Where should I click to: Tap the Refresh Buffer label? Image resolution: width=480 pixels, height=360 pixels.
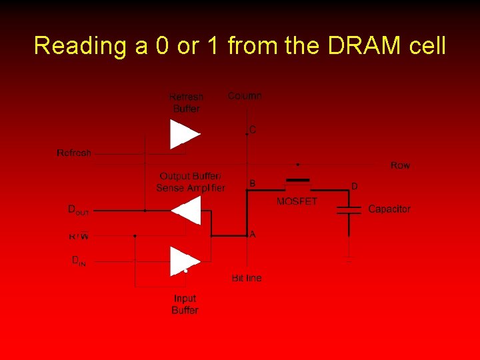[x=186, y=103]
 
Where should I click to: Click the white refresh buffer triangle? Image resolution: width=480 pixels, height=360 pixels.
[x=183, y=134]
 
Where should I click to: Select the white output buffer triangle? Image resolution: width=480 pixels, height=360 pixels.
[x=187, y=211]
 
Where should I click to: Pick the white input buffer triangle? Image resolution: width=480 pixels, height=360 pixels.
[x=183, y=261]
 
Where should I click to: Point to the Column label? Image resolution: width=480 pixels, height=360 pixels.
[x=245, y=96]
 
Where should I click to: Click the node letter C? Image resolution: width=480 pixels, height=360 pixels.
[x=253, y=129]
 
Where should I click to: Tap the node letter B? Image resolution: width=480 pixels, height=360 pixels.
[x=252, y=182]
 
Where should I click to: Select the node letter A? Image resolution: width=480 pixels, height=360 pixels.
[x=253, y=235]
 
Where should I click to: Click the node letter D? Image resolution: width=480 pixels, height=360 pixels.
[x=354, y=186]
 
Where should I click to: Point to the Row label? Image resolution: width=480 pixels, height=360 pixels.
[x=400, y=165]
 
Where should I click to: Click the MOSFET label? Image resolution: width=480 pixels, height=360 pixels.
[x=297, y=201]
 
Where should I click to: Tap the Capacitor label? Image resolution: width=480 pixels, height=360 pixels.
[x=389, y=209]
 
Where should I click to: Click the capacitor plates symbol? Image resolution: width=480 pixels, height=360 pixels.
[x=349, y=211]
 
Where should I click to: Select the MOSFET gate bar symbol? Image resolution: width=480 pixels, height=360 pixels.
[x=298, y=179]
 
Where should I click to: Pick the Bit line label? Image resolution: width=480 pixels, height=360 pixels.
[x=247, y=278]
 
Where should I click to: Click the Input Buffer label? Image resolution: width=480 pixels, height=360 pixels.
[x=185, y=305]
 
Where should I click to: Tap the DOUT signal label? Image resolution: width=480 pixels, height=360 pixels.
[x=79, y=210]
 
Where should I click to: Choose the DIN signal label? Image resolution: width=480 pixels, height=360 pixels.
[x=79, y=261]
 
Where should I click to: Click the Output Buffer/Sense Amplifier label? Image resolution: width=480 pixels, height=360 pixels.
[x=191, y=182]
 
